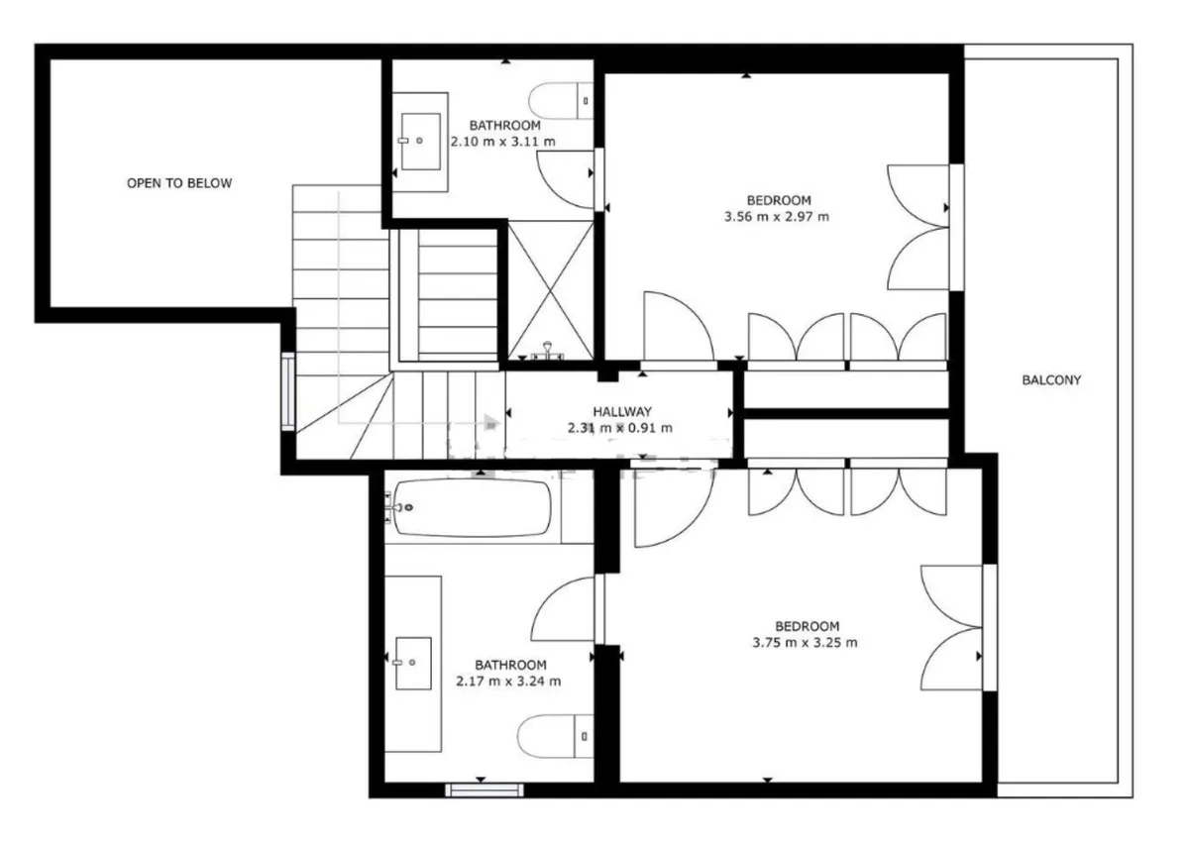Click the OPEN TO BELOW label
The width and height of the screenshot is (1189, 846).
pos(179,183)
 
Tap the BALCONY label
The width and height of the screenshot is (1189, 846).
pos(1051,380)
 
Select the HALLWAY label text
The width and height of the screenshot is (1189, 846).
pos(622,411)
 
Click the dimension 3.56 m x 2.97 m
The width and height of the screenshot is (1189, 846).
pos(777,217)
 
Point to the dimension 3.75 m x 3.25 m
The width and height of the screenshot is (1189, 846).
pos(805,643)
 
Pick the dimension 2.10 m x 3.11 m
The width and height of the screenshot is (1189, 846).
pos(502,142)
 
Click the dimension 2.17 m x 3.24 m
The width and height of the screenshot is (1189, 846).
pos(508,682)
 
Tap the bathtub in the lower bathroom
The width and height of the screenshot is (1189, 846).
pos(473,508)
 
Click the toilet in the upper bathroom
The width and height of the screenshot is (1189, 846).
pos(561,101)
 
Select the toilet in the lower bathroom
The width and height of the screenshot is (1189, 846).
pos(555,736)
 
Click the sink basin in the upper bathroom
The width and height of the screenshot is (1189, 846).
pos(421,142)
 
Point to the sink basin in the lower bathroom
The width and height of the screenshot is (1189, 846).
pos(413,664)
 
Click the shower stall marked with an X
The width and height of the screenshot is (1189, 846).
pos(551,290)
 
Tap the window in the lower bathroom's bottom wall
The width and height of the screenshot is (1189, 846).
pos(485,791)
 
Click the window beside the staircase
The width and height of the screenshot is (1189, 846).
pos(288,391)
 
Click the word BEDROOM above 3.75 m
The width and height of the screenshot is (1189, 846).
pos(807,626)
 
